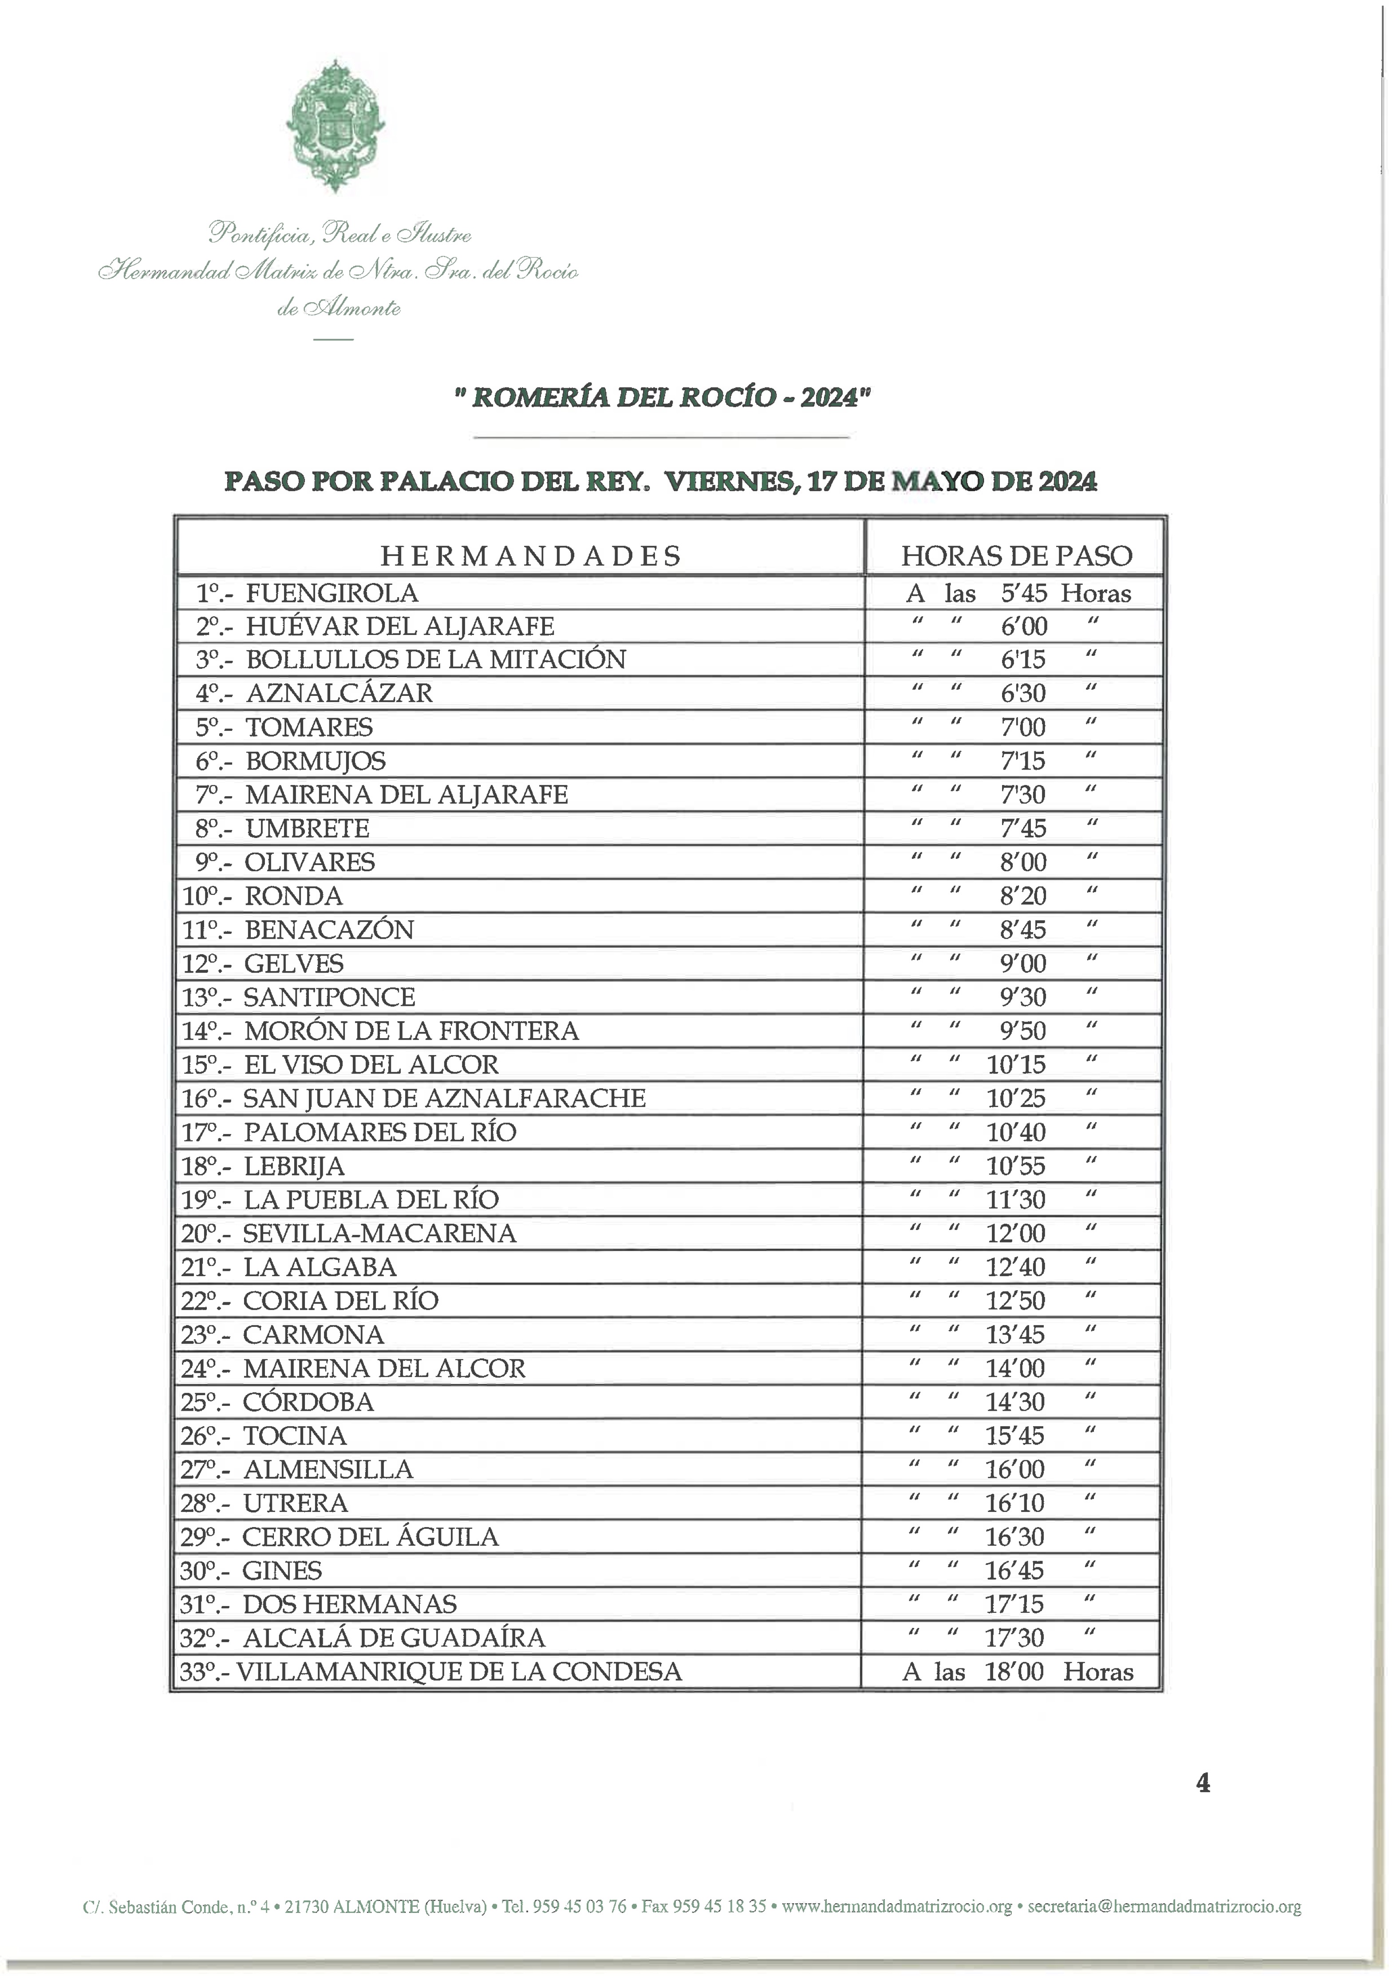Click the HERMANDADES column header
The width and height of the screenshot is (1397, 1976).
point(531,556)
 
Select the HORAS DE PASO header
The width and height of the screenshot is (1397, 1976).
point(1016,556)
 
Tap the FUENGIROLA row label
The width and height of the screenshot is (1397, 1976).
point(332,593)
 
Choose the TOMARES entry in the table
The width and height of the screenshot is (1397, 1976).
point(309,727)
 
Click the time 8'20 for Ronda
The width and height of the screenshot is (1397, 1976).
point(1023,896)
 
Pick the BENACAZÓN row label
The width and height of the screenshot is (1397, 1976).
point(329,929)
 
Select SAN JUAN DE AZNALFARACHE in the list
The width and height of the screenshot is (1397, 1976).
point(444,1098)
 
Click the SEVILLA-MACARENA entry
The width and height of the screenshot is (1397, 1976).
point(379,1233)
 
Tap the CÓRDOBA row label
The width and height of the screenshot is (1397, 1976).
point(308,1402)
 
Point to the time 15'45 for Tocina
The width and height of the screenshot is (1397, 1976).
point(1015,1436)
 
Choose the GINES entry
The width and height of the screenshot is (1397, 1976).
point(282,1571)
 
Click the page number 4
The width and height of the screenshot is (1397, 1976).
point(1203,1783)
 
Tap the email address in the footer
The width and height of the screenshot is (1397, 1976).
point(1164,1906)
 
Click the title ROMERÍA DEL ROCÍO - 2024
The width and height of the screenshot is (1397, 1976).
point(663,397)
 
